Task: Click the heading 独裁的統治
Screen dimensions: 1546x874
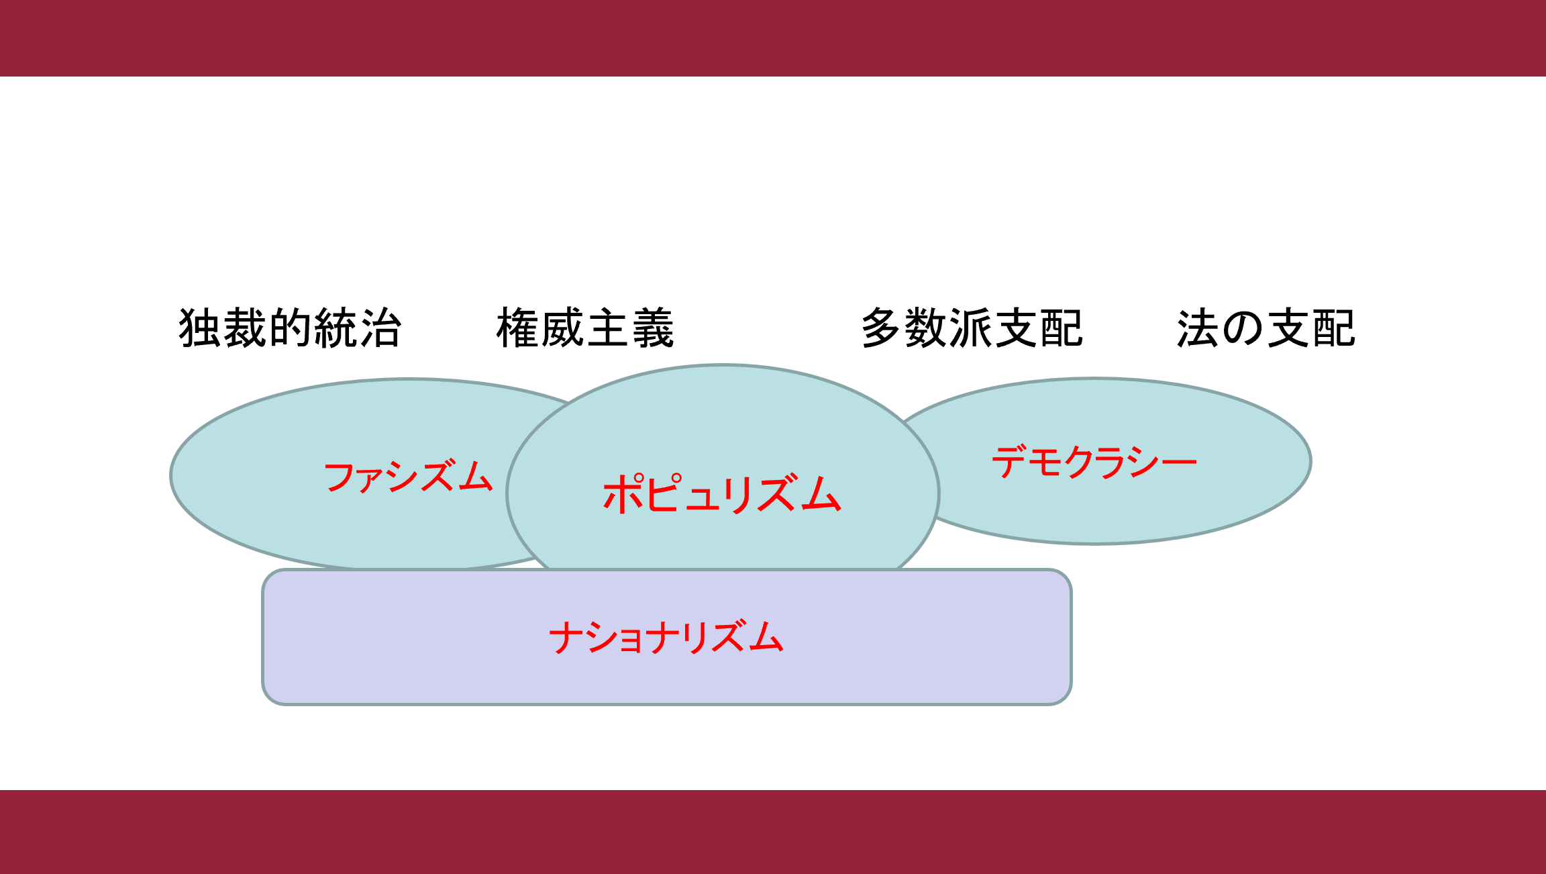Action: [290, 328]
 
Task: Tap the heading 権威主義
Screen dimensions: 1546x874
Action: [585, 328]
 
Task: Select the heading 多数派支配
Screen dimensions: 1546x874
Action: [972, 328]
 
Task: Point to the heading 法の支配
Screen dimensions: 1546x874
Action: [1266, 328]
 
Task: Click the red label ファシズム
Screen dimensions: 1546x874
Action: [408, 477]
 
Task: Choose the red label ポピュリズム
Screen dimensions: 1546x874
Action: [722, 493]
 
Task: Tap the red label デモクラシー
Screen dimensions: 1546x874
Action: [1094, 462]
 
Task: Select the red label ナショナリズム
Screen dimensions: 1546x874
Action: [666, 637]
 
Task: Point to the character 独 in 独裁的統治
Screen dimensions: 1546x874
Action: [200, 328]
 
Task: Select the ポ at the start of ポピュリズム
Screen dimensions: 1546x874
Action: [624, 493]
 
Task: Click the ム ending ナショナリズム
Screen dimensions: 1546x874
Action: [766, 637]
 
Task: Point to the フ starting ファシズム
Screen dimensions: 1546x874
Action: [340, 477]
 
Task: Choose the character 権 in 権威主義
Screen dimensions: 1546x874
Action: [518, 328]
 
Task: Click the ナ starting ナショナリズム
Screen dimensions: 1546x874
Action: [565, 637]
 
